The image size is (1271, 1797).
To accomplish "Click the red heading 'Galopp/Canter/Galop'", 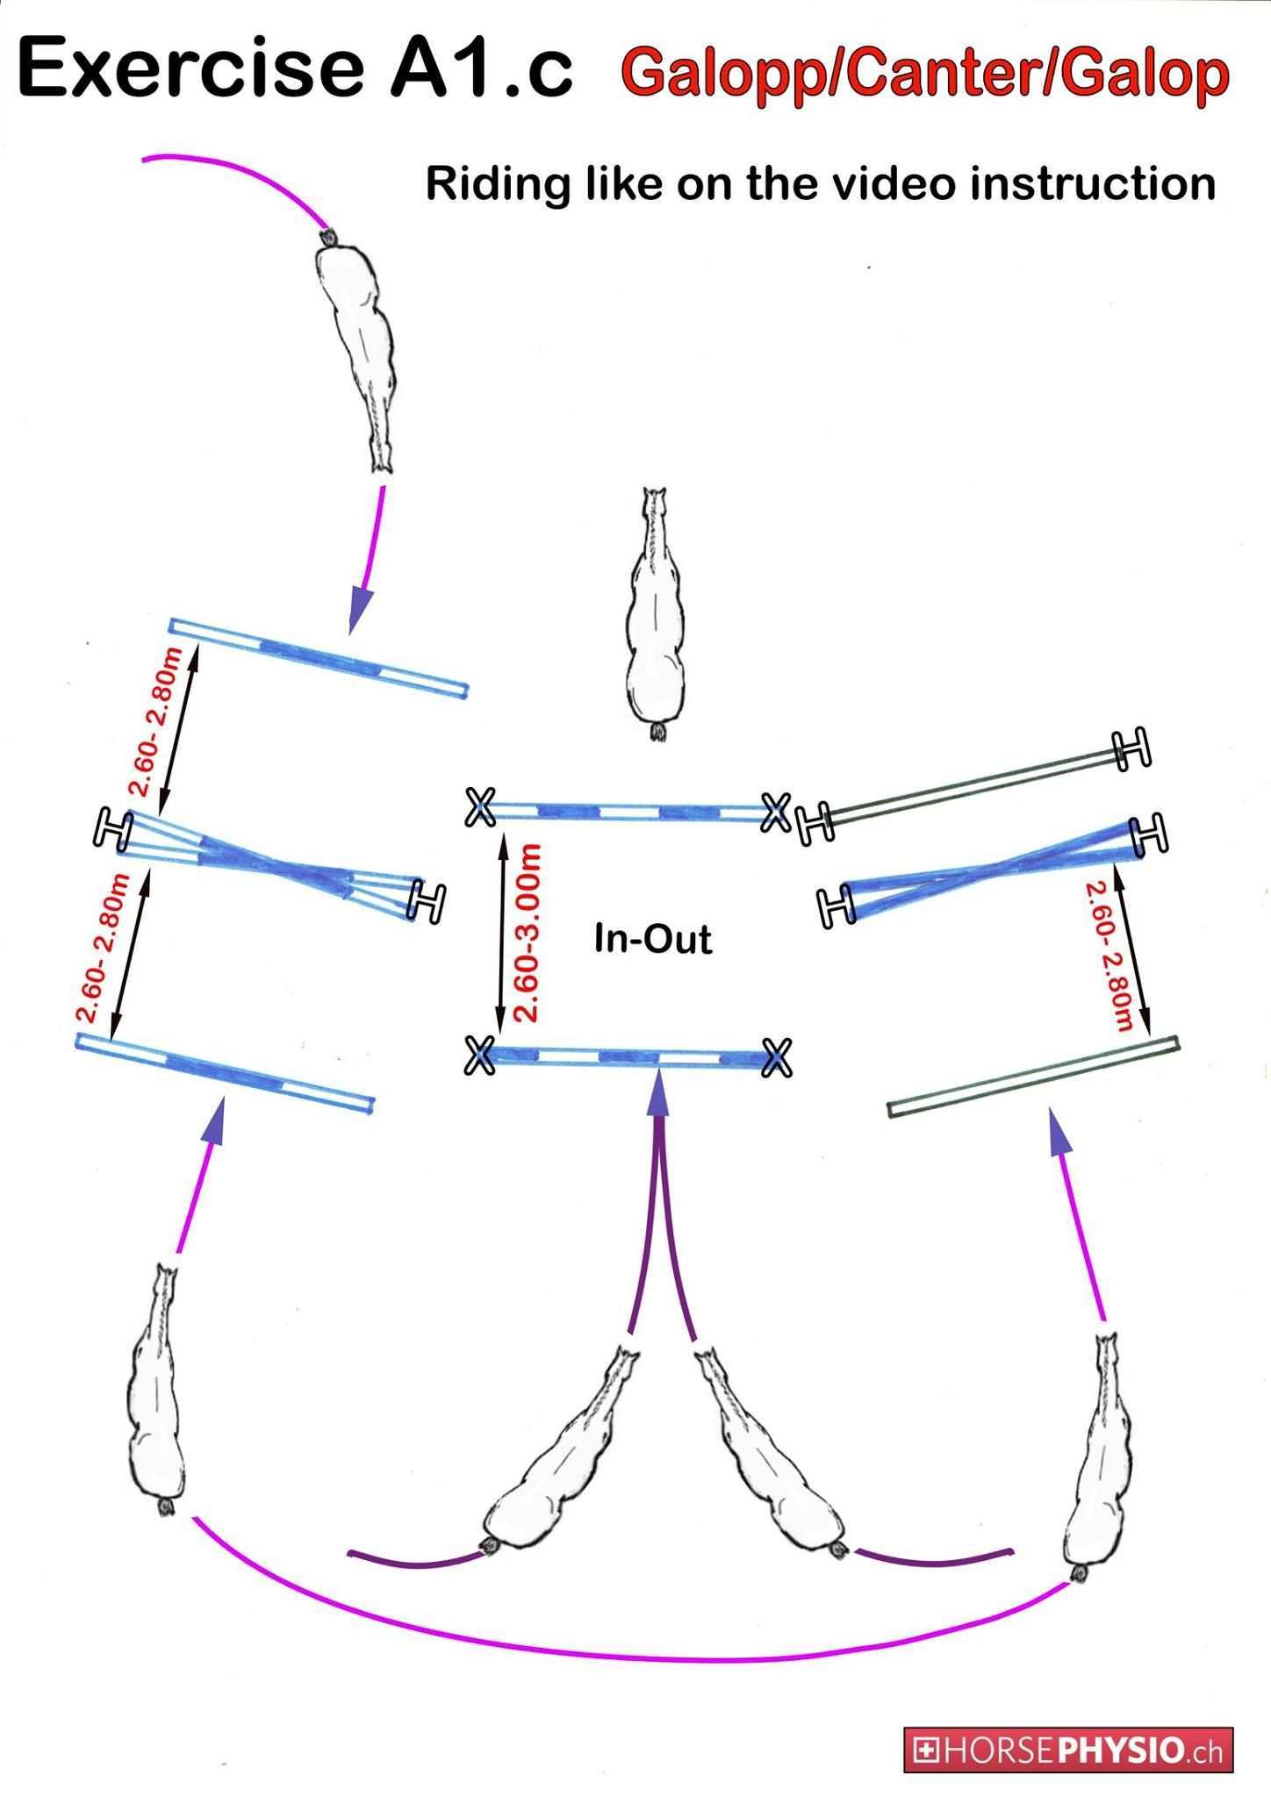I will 925,74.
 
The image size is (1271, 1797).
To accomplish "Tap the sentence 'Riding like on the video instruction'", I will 820,184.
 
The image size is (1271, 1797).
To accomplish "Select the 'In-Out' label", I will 653,939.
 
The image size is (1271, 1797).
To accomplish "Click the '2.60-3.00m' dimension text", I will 527,933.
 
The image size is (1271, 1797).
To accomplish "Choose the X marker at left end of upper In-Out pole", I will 480,806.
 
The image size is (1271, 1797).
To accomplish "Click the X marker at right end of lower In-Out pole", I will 776,1057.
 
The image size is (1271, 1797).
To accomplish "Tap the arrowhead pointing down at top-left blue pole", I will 361,610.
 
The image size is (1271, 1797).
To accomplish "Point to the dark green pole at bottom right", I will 1033,1077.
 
